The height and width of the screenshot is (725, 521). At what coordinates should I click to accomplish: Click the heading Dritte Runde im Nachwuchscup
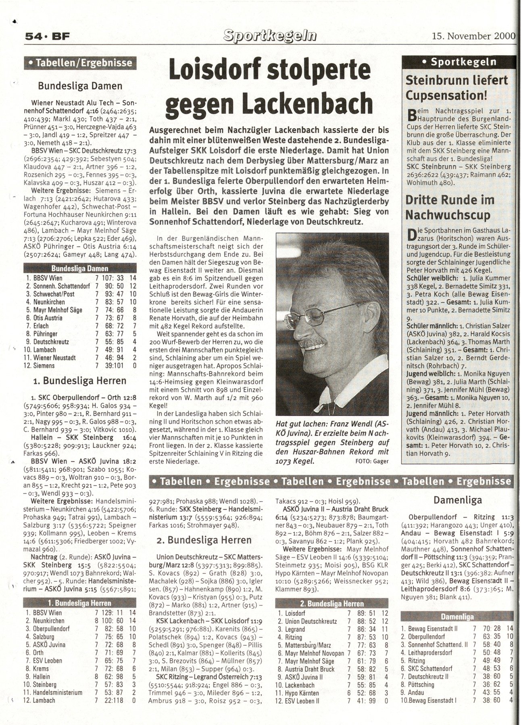point(450,207)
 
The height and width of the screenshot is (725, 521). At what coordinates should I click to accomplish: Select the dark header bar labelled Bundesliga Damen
point(79,268)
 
